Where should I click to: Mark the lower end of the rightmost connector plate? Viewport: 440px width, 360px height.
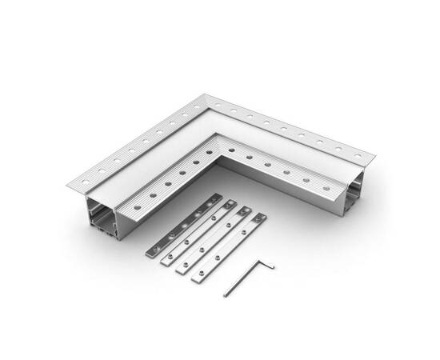tap(197, 278)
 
